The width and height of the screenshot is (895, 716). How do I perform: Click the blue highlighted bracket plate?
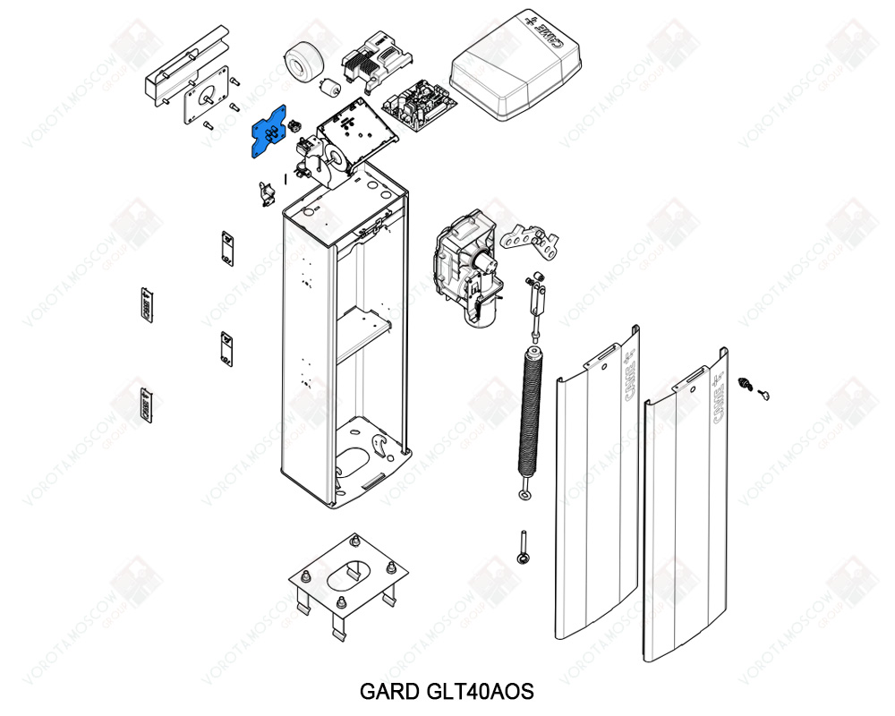(270, 132)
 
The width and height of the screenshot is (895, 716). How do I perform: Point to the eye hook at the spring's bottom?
(524, 494)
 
